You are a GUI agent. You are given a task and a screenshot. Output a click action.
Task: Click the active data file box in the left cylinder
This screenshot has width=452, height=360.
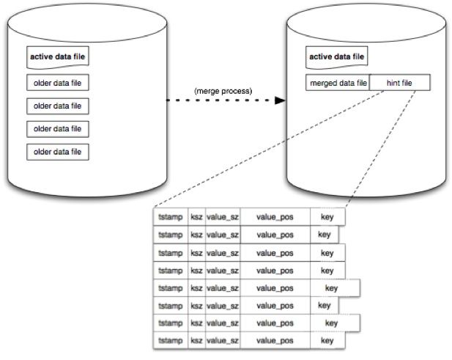coord(58,57)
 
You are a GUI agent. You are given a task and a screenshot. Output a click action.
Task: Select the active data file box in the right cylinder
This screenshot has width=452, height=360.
coord(337,57)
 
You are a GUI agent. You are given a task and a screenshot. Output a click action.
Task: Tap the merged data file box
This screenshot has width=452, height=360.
coord(338,83)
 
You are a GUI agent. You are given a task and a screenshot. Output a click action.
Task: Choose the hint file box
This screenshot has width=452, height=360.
coord(400,83)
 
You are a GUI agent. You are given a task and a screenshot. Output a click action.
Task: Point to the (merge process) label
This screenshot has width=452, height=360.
coord(223,91)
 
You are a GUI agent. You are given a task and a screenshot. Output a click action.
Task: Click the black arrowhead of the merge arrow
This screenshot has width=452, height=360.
coord(280,100)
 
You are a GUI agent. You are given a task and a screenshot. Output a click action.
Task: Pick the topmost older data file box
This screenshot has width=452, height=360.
coord(58,83)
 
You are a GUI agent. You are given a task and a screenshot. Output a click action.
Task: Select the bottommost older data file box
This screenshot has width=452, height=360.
coord(58,152)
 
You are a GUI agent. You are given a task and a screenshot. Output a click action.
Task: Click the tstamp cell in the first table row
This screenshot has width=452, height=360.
coord(171,217)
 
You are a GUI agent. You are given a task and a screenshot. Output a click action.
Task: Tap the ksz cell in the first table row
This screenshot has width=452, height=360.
coord(196,217)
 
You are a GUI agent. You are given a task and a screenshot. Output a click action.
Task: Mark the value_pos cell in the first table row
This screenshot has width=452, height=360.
coord(275,217)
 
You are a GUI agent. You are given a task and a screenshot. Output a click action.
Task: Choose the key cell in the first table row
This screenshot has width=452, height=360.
coord(327,217)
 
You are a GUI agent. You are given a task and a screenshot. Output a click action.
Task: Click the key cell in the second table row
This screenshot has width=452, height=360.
coord(324,235)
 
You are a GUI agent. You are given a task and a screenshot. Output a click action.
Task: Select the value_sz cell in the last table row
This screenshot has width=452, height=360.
coord(223,341)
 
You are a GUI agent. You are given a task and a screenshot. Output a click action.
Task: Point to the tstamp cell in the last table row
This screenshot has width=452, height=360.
coord(171,341)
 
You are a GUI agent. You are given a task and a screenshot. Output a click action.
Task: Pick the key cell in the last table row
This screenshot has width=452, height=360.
coord(327,341)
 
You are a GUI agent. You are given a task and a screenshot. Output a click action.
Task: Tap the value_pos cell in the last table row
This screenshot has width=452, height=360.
coord(275,341)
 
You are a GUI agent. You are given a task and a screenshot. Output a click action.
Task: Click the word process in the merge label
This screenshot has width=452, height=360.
coord(237,92)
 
